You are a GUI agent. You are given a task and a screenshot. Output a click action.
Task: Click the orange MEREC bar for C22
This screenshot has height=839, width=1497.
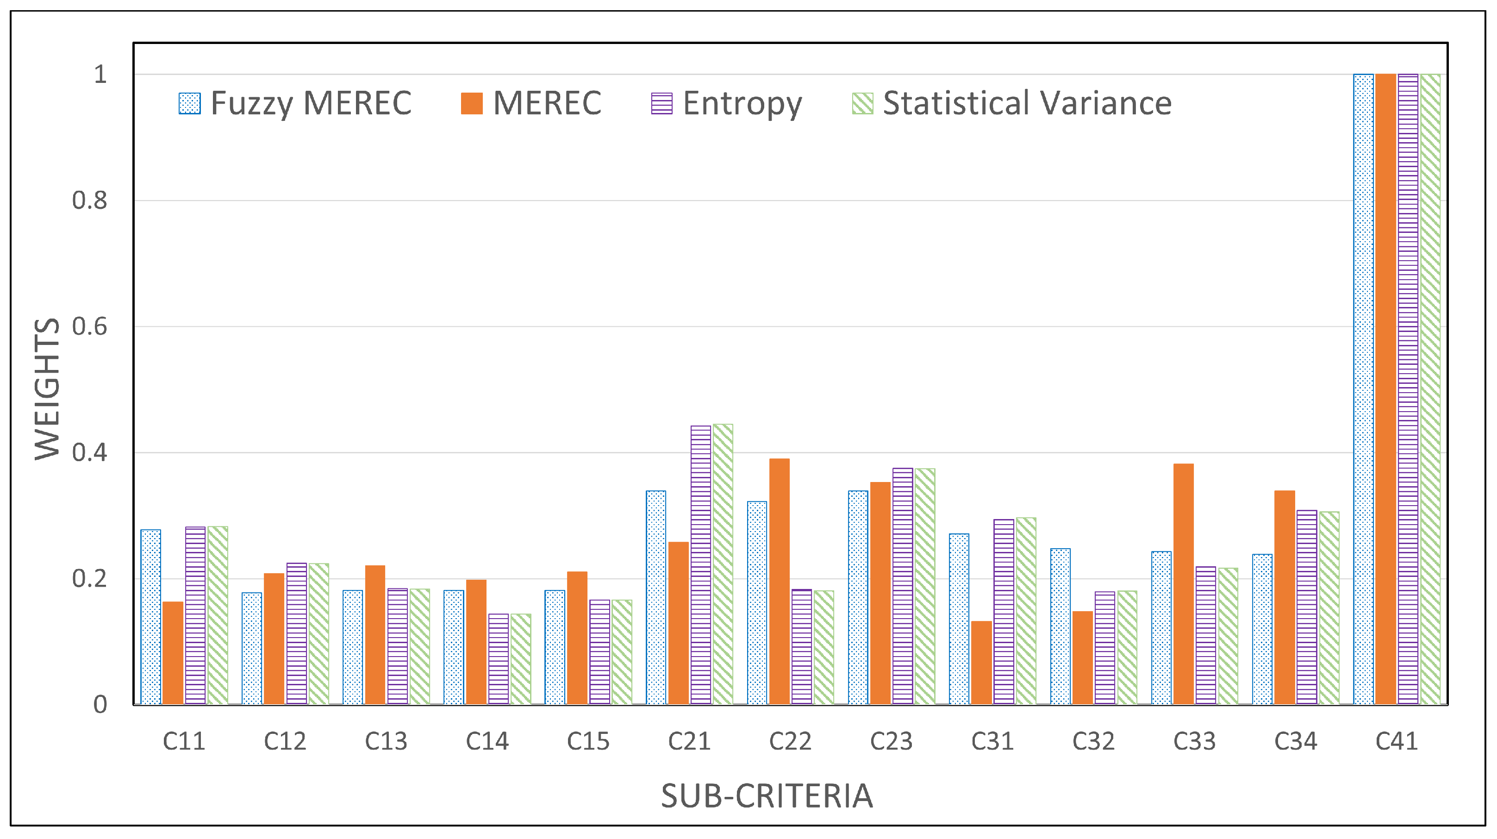(x=780, y=582)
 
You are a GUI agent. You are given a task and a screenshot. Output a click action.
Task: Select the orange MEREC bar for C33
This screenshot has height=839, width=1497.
(x=1183, y=584)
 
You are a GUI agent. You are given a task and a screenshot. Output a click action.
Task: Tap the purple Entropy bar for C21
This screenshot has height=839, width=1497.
(x=701, y=565)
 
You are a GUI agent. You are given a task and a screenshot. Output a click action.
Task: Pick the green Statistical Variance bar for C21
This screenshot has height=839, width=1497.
(x=723, y=564)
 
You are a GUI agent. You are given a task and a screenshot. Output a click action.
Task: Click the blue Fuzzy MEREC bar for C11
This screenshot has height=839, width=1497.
(x=151, y=617)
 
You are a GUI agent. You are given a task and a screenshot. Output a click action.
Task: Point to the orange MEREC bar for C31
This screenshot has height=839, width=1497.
(x=981, y=663)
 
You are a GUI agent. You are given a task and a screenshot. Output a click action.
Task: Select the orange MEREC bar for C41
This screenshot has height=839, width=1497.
(x=1385, y=389)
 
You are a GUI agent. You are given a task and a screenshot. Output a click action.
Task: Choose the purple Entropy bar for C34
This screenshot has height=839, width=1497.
(x=1307, y=607)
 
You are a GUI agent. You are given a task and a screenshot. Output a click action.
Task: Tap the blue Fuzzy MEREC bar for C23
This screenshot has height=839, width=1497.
(x=858, y=598)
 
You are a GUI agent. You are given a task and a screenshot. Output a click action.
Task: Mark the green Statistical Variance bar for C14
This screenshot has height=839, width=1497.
(x=521, y=659)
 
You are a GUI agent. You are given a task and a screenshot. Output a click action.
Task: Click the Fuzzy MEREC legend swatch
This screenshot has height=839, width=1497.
(x=189, y=104)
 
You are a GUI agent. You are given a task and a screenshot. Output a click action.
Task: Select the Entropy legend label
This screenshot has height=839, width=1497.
(x=742, y=104)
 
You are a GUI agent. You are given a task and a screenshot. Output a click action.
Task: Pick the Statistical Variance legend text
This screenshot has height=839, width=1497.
(x=1027, y=104)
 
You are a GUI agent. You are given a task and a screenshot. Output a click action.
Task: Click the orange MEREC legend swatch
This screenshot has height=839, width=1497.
(x=471, y=104)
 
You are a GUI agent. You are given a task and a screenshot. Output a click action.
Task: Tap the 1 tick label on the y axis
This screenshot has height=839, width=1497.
(x=100, y=75)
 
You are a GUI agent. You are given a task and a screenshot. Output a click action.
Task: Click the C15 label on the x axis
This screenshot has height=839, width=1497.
(x=588, y=741)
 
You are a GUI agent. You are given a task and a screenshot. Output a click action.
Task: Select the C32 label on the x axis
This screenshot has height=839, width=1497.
(x=1093, y=741)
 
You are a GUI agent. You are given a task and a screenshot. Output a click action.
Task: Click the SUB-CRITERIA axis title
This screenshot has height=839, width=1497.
(x=767, y=796)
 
